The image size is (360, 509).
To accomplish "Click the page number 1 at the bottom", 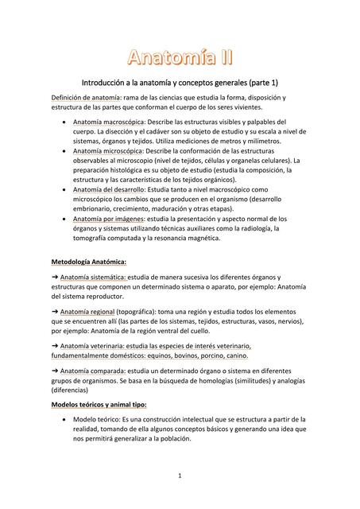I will [x=180, y=476].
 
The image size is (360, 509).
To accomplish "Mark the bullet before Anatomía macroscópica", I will [x=64, y=122].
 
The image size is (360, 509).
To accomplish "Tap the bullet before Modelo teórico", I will [x=64, y=419].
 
